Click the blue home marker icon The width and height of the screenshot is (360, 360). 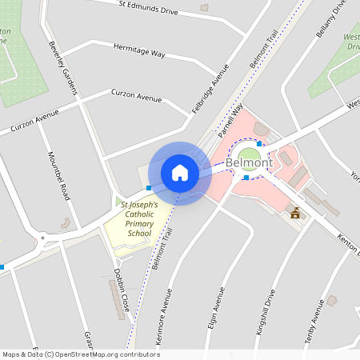[x=180, y=173]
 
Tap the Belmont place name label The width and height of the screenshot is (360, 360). [x=249, y=162]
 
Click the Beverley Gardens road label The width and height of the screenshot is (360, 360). [x=63, y=67]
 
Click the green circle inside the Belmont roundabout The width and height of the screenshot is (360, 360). [x=249, y=155]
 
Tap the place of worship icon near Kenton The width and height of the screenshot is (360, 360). [x=295, y=213]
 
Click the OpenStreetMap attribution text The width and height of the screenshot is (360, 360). [x=80, y=354]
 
